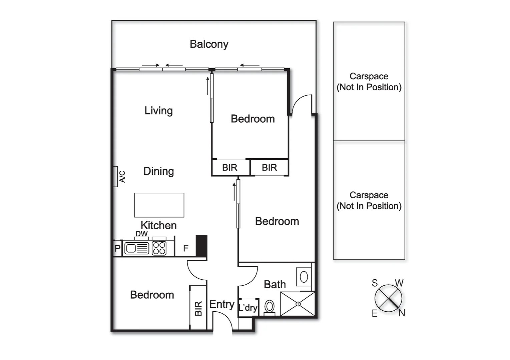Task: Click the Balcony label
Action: tap(209, 44)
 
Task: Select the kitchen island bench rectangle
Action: tap(159, 205)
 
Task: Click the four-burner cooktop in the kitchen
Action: tap(159, 248)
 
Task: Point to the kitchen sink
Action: tap(137, 248)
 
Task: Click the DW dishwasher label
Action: tap(141, 234)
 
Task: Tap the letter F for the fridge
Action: tap(186, 248)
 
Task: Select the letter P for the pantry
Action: tap(117, 249)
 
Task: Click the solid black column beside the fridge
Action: tap(201, 246)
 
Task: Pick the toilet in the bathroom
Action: tap(270, 307)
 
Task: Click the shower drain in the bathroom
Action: tap(298, 304)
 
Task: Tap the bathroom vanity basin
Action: tap(304, 277)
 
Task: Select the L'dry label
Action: tap(248, 308)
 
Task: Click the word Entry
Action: tap(221, 304)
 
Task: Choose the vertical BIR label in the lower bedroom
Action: tap(198, 308)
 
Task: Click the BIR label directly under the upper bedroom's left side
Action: tap(230, 167)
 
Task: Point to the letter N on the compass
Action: tap(402, 313)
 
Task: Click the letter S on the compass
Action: tap(375, 283)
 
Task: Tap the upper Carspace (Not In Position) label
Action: tap(369, 82)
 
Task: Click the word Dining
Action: tap(158, 171)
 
